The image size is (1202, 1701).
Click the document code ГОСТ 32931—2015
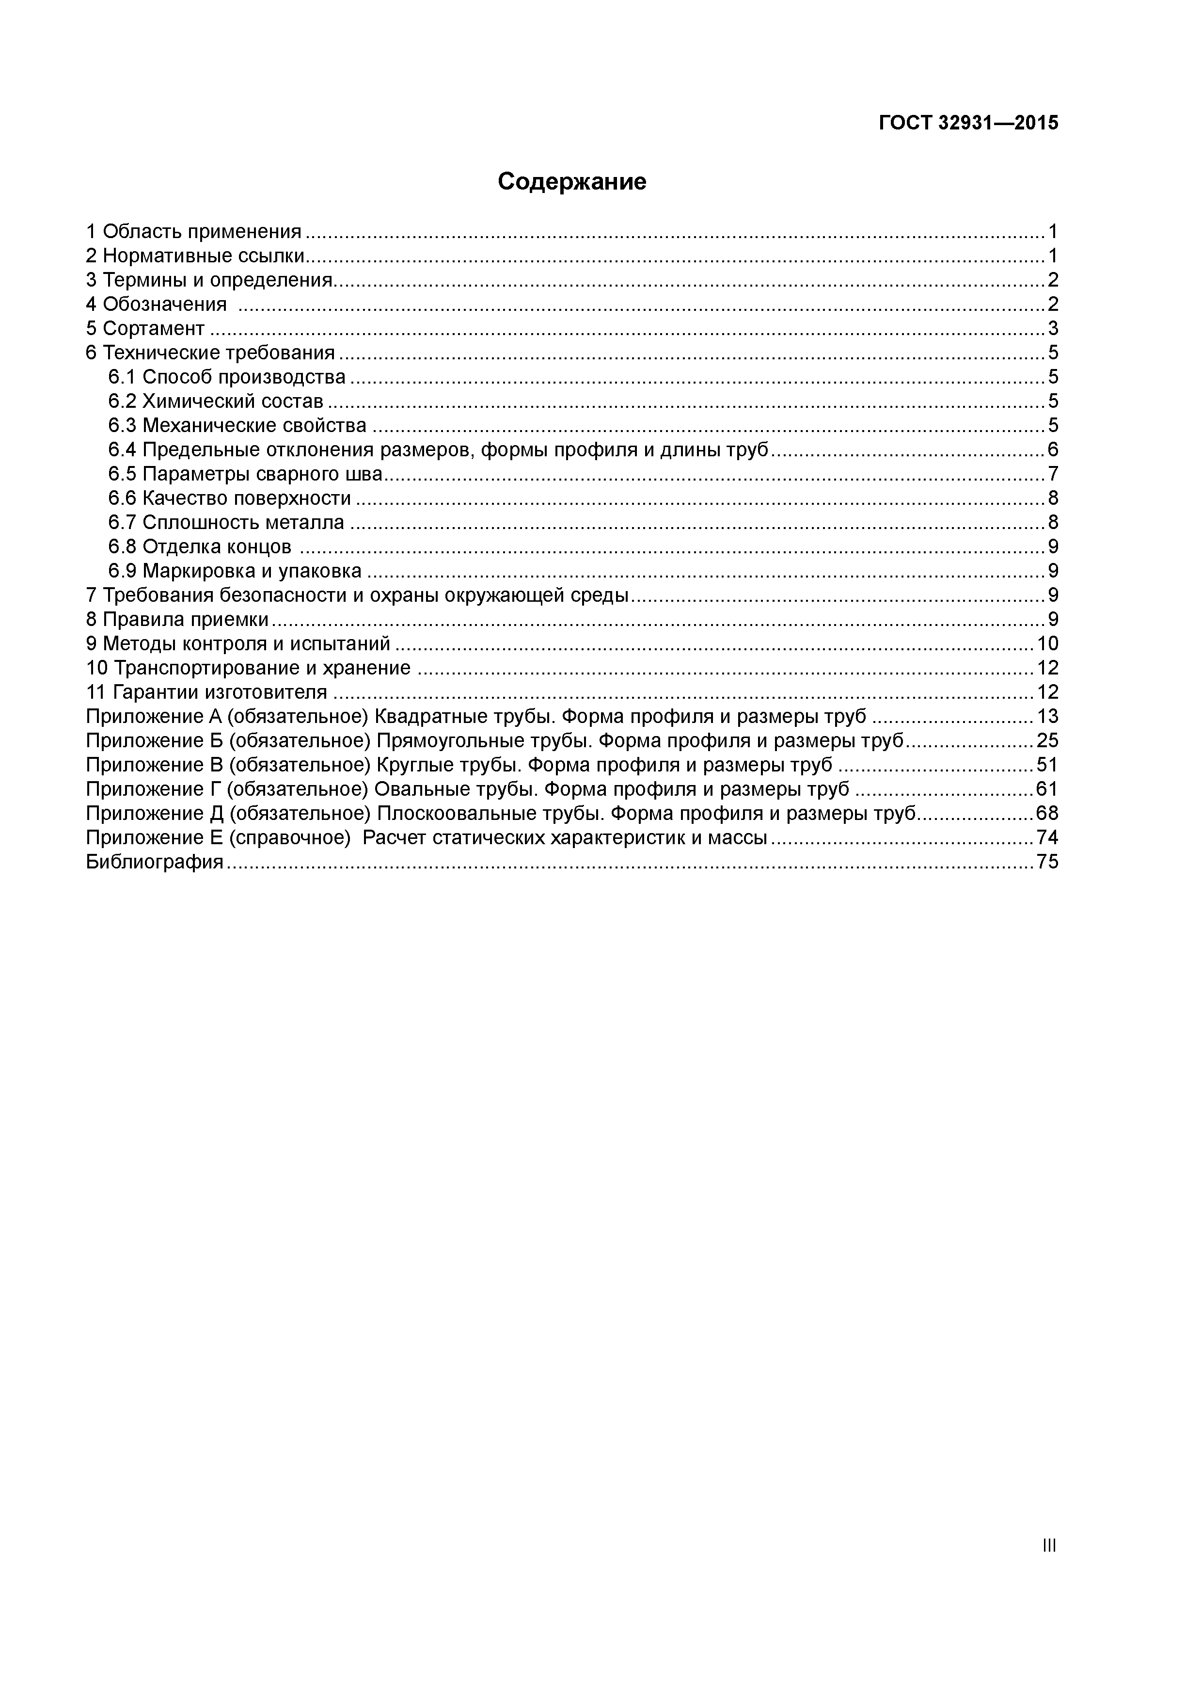coord(968,123)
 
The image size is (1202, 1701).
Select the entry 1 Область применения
coord(194,232)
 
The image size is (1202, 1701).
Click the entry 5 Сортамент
coord(145,328)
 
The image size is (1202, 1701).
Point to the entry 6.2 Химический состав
coord(216,401)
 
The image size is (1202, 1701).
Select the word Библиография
coord(155,862)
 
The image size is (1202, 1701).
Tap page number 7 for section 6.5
coord(1052,473)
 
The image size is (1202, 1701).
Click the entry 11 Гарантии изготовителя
coord(206,692)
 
